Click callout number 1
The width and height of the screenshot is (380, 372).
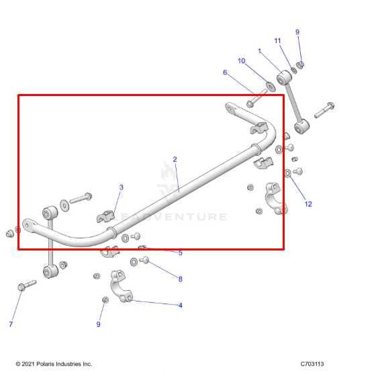259,51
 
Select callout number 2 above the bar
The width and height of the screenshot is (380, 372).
175,160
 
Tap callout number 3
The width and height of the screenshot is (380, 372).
121,187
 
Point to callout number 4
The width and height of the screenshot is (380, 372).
180,306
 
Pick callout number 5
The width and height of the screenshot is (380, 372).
180,252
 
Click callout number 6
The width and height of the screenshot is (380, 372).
225,73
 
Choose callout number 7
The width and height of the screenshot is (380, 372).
11,324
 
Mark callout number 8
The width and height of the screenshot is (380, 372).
180,278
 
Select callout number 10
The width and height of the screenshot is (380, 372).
242,61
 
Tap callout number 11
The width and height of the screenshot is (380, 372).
277,41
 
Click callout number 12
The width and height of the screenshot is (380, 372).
308,203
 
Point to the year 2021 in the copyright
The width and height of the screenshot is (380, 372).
30,364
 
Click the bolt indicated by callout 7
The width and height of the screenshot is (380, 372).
26,286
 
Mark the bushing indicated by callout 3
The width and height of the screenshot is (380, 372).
107,217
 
